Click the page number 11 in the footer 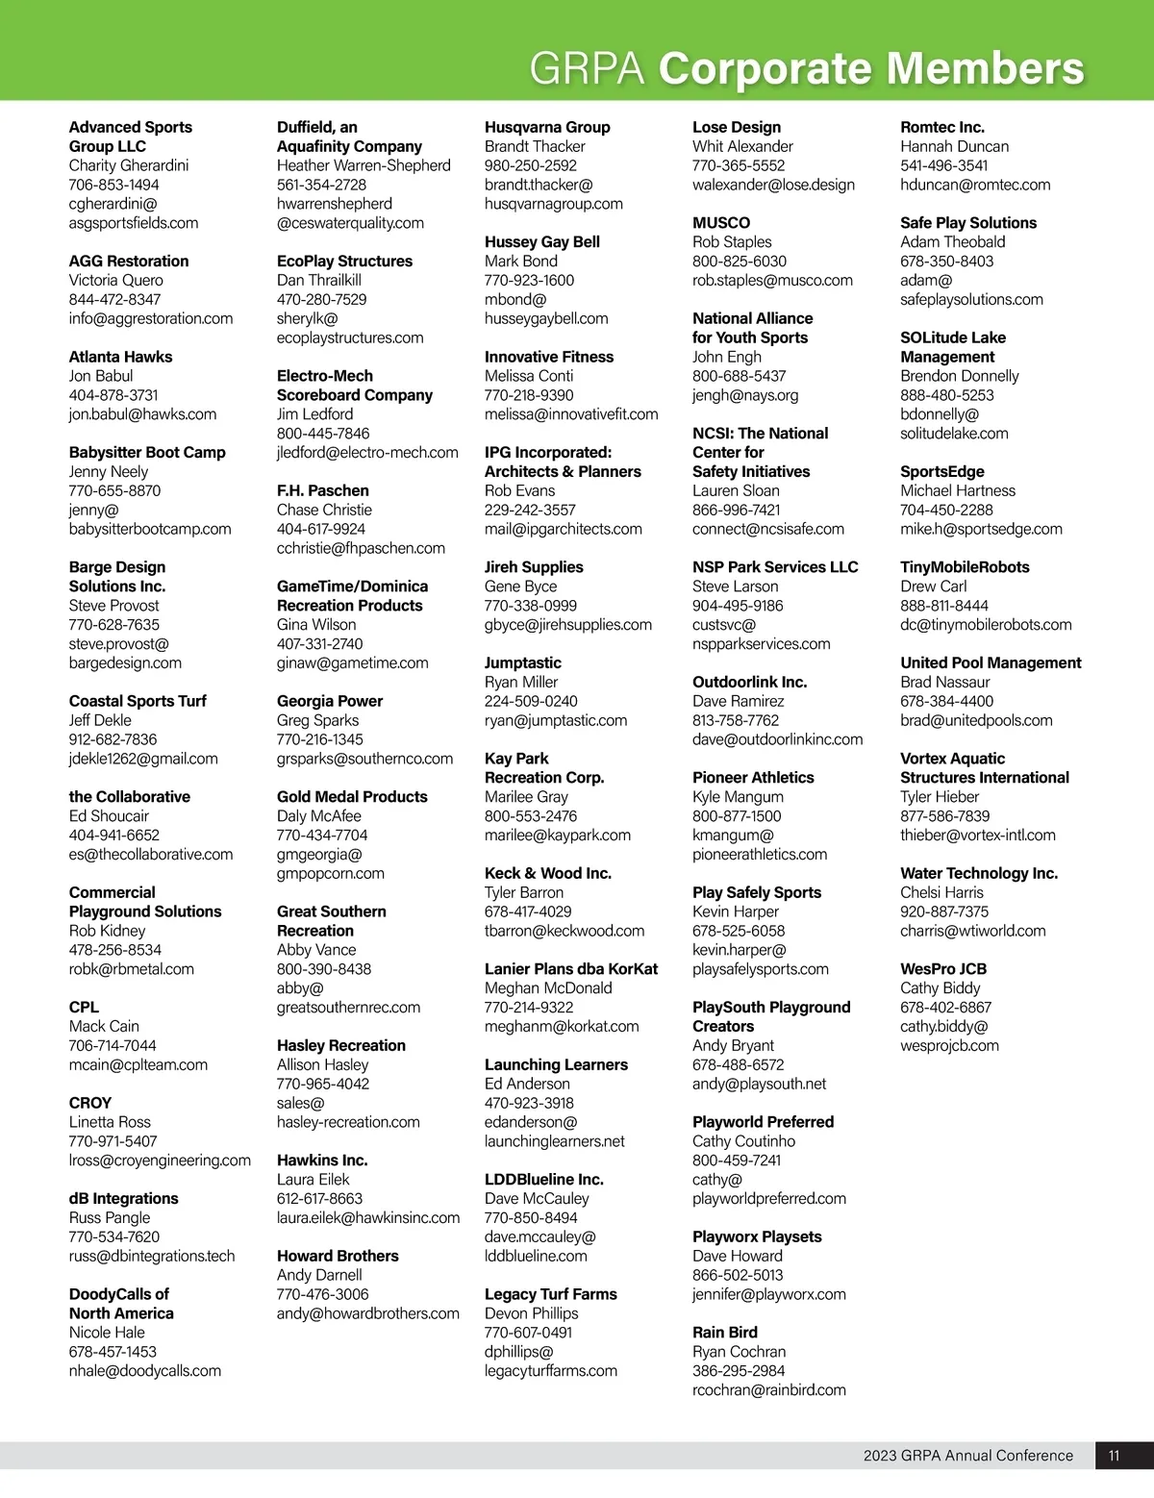(x=1114, y=1455)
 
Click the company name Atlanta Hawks (x=120, y=357)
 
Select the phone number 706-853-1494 (x=113, y=185)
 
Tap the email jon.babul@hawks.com (x=142, y=414)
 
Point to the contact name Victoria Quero (x=115, y=280)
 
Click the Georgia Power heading (x=329, y=701)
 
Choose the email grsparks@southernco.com (x=364, y=759)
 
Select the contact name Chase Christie (x=324, y=510)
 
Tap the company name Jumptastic (x=522, y=662)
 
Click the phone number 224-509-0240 (x=531, y=701)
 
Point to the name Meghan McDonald (x=548, y=987)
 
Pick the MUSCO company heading (x=720, y=222)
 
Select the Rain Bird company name (x=724, y=1332)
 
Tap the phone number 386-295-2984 (x=739, y=1370)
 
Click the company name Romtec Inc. (x=941, y=127)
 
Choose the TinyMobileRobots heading (x=965, y=567)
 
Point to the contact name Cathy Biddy (x=940, y=987)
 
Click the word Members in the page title (x=985, y=69)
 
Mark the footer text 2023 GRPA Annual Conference (x=967, y=1455)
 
